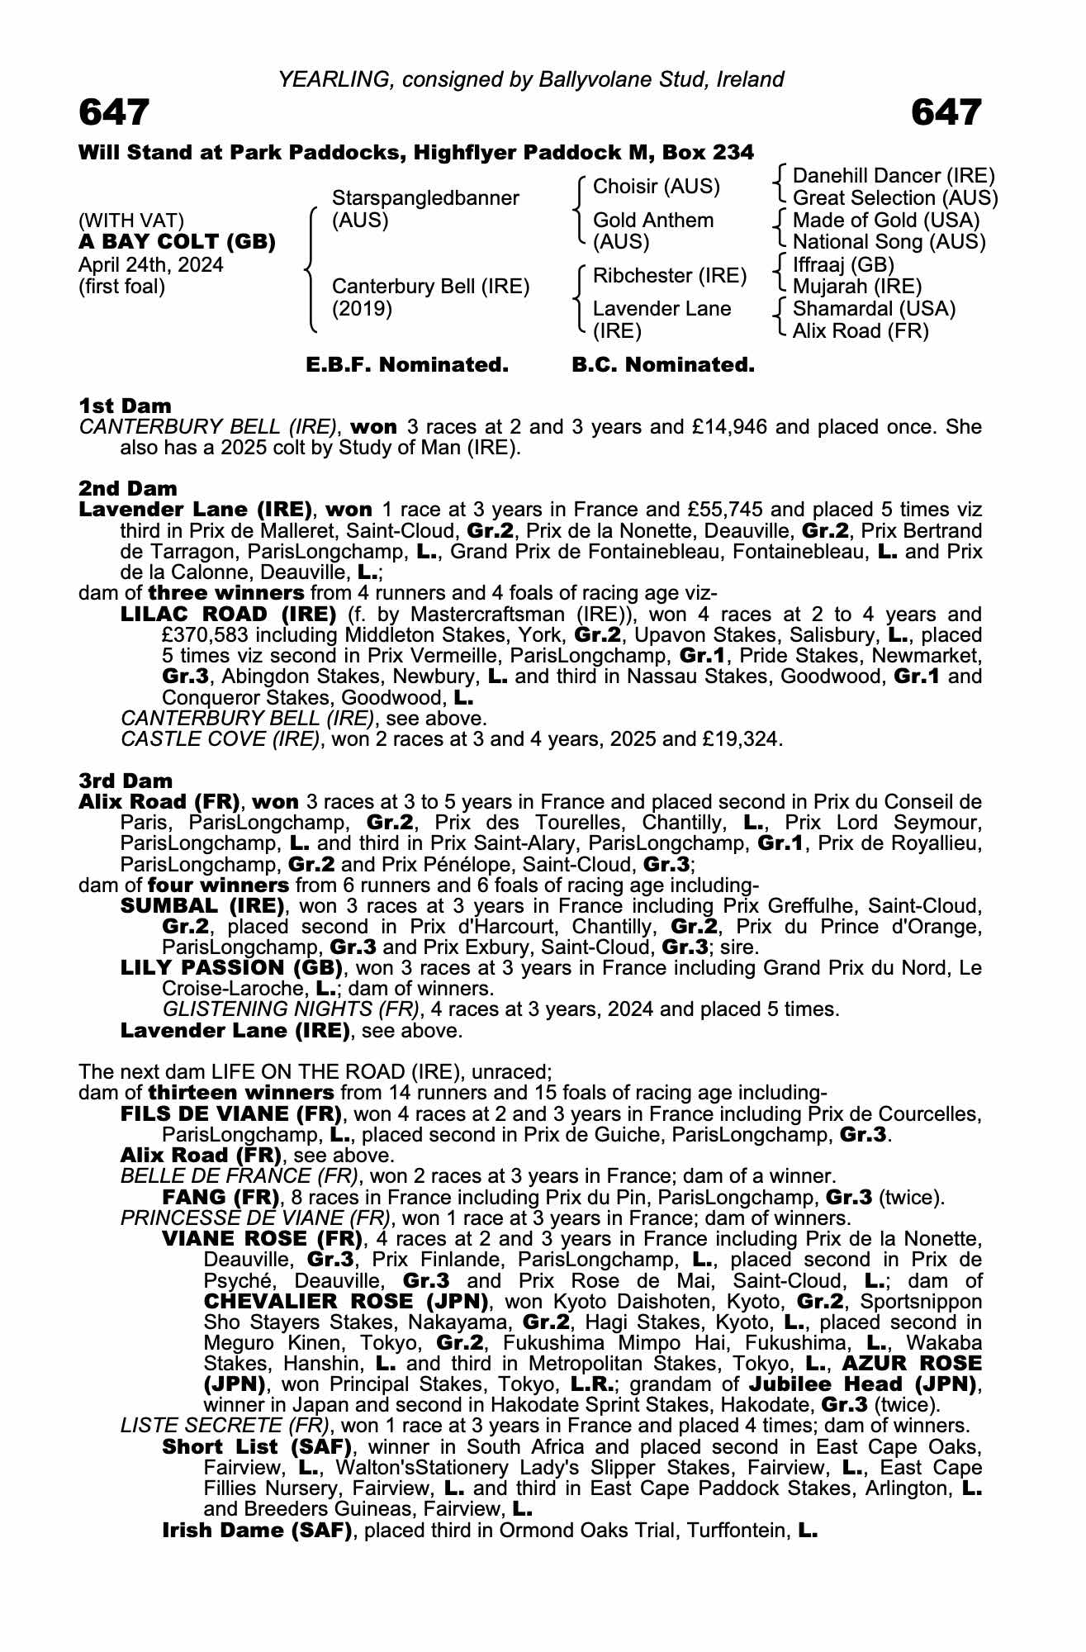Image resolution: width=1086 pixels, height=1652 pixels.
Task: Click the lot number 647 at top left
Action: point(114,112)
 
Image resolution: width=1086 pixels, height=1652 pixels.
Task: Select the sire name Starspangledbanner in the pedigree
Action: point(425,198)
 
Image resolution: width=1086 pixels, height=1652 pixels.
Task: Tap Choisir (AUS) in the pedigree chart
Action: point(657,187)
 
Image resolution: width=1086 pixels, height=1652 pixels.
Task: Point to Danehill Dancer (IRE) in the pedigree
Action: point(894,176)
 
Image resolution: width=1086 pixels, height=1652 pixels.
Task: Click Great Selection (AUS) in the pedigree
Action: point(895,198)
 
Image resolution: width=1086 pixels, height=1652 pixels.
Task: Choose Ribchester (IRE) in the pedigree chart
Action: point(670,276)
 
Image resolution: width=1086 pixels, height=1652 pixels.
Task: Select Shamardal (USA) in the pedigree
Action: point(874,309)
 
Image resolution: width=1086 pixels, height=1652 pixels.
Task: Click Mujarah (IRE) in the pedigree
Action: point(857,287)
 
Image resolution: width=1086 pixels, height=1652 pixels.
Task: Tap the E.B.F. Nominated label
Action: point(407,364)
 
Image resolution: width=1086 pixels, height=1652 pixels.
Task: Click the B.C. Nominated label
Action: point(663,364)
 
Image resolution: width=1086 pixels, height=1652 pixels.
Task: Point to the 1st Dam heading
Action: point(126,406)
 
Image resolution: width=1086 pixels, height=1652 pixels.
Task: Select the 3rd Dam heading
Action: point(126,781)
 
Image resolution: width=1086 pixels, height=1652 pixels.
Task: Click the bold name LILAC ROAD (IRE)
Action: point(229,615)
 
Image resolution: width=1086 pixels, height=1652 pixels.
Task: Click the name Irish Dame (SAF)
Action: point(258,1531)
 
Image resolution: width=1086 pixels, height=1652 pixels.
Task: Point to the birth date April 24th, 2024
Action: point(151,265)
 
